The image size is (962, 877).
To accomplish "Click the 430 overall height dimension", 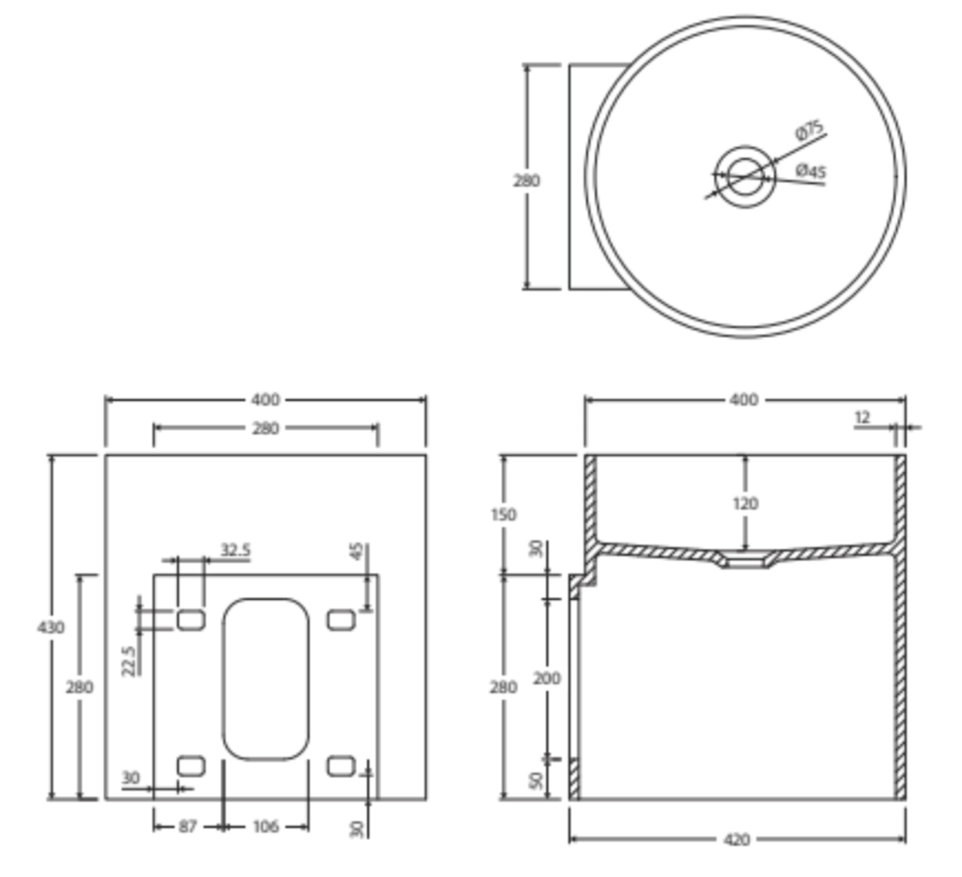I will point(51,627).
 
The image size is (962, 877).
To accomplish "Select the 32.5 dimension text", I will point(235,550).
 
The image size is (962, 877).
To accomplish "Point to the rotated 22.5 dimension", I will point(128,660).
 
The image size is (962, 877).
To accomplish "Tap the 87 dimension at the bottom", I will point(187,827).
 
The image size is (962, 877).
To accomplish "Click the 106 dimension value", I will point(265,827).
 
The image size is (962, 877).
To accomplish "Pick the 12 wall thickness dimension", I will point(862,417).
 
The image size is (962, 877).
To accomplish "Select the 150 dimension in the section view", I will point(504,514).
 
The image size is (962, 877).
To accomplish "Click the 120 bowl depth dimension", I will point(745,503).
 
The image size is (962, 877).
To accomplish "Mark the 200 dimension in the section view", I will point(547,678).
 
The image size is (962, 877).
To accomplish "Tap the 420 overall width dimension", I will point(736,839).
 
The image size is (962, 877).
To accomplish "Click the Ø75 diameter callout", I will point(809,130).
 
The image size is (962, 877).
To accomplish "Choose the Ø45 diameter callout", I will point(810,171).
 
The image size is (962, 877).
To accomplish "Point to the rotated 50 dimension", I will point(536,780).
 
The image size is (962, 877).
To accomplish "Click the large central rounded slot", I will point(265,679).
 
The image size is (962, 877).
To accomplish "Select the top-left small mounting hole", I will point(191,620).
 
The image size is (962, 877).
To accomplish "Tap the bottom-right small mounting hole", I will point(340,766).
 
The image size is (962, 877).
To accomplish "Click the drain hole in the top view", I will point(744,177).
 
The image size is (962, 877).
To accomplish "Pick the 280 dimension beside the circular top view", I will point(526,180).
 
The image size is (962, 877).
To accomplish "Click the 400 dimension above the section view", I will point(744,400).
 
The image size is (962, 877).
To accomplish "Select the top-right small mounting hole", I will point(340,620).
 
